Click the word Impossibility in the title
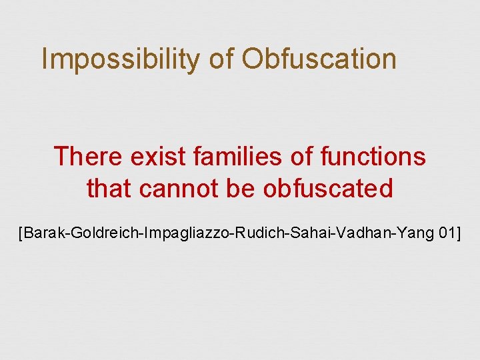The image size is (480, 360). pos(120,59)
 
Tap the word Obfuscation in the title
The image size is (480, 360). pos(319,59)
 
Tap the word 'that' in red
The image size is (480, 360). pos(110,189)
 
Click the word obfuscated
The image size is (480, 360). pos(328,189)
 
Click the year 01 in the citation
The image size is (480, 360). pos(445,233)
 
